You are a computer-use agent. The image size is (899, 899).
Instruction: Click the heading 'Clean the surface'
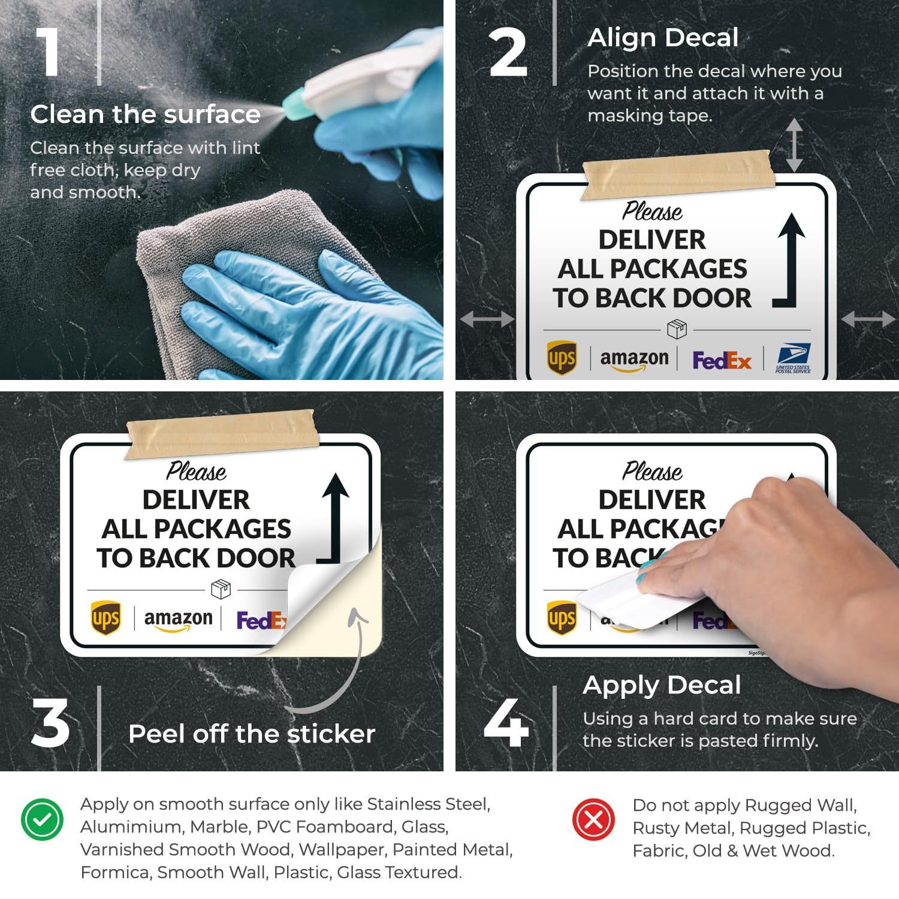coord(145,114)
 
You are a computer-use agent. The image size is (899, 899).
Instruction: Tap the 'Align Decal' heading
coord(663,38)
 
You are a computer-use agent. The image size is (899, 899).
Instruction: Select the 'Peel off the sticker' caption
coord(252,734)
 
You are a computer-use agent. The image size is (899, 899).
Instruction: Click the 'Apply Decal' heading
coord(662,685)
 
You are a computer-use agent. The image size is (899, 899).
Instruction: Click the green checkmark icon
coord(42,820)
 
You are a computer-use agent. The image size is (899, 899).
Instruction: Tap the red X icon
coord(593,820)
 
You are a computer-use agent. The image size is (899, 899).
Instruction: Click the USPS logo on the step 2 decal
coord(793,358)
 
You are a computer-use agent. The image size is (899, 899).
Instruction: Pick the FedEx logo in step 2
coord(722,360)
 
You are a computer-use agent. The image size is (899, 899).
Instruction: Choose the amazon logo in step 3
coord(179,620)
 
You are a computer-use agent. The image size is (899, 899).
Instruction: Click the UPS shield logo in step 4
coord(562,618)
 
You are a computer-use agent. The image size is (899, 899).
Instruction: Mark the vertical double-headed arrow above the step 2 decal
coord(794,144)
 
